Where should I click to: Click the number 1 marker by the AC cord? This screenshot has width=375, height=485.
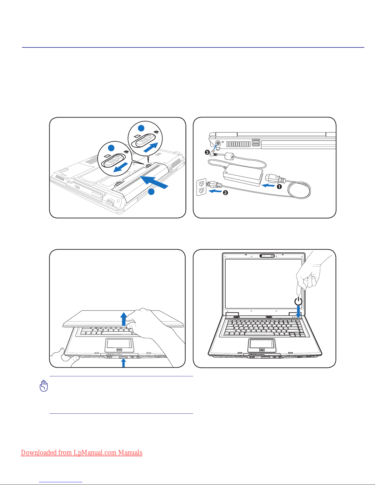(x=279, y=187)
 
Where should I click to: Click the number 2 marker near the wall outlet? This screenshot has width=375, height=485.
(x=225, y=192)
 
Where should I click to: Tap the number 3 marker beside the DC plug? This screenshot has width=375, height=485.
(x=207, y=152)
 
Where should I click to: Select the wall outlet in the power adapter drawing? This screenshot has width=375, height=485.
(x=201, y=187)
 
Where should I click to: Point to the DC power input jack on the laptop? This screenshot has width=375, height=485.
(x=218, y=143)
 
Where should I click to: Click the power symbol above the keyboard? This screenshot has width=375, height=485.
(x=298, y=301)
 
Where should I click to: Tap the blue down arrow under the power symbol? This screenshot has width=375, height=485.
(x=298, y=312)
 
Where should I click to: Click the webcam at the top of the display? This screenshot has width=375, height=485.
(x=267, y=256)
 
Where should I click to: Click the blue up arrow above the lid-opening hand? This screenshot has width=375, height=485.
(x=124, y=319)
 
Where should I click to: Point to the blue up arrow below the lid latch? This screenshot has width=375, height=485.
(x=123, y=363)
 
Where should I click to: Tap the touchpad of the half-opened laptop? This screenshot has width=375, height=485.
(x=119, y=345)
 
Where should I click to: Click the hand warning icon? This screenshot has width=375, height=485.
(x=44, y=386)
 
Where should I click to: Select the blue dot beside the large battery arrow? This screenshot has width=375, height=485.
(x=151, y=192)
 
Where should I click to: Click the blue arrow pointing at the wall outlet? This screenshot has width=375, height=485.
(x=215, y=191)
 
